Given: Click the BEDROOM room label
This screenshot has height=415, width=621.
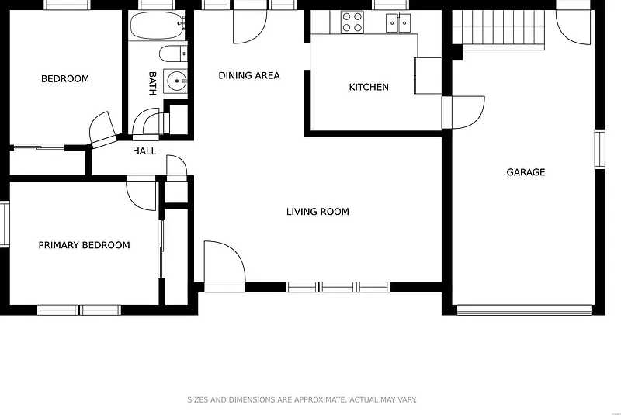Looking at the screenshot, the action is pos(65,78).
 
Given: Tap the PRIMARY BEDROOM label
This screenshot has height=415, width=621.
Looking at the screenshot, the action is pos(84,245).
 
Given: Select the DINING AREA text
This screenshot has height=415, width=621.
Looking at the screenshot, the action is pos(249,75).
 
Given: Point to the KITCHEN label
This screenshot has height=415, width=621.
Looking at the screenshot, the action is pos(369,87).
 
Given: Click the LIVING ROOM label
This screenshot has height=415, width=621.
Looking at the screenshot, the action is pos(317,212).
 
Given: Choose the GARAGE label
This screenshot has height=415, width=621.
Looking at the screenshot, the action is pos(526,172).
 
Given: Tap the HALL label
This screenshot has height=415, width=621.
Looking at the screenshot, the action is pos(144,151).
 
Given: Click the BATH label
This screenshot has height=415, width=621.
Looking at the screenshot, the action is pos(152,84).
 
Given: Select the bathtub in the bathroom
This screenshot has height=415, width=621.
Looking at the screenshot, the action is pos(158,26).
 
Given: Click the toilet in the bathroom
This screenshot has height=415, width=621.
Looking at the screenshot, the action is pos(173,54).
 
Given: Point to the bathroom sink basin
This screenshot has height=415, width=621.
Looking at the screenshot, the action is pos(176,81).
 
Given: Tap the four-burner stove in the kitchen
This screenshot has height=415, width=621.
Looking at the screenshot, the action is pos(352,22).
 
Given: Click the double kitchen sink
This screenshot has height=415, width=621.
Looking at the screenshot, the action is pos(398,22).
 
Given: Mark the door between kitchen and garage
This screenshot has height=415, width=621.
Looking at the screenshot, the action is pos(463,112).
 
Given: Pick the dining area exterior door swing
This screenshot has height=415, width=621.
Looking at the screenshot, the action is pos(250,26).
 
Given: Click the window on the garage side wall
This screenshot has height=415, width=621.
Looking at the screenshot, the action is pos(599,149).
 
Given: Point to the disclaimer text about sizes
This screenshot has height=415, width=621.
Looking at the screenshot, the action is pos(302,400).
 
